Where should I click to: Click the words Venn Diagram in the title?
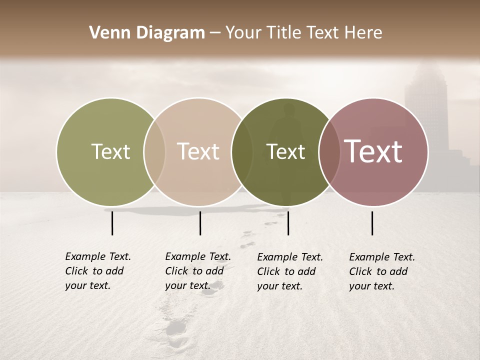click(x=146, y=33)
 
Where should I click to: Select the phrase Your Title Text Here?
click(x=303, y=33)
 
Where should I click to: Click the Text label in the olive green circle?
click(x=110, y=151)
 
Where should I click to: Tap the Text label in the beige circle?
click(x=198, y=151)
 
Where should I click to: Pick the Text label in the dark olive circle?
click(x=285, y=151)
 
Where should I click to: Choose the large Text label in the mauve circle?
click(x=373, y=151)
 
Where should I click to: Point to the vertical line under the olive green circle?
click(x=112, y=223)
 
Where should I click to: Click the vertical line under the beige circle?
click(x=200, y=223)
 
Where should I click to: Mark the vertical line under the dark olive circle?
click(x=288, y=223)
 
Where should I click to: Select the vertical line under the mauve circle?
click(x=372, y=223)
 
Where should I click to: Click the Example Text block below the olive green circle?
click(x=98, y=271)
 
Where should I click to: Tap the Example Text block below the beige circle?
click(x=198, y=271)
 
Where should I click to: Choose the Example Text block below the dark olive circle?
click(x=290, y=271)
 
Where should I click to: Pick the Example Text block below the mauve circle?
click(x=382, y=271)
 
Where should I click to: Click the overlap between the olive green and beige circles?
click(x=154, y=152)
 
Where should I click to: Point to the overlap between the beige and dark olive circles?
click(x=242, y=152)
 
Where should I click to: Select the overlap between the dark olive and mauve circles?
click(x=329, y=152)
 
